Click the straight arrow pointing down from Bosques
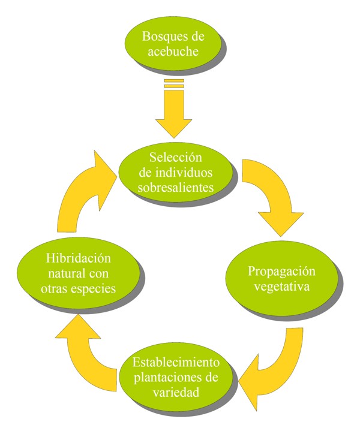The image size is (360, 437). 173,111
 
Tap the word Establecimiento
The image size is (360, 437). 176,363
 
